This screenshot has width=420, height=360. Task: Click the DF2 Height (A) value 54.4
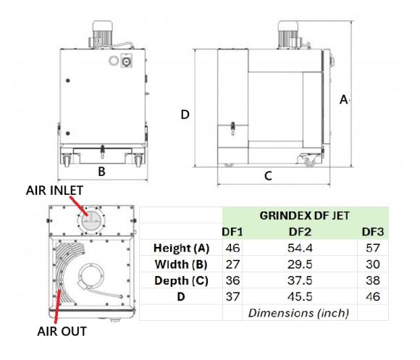(x=300, y=248)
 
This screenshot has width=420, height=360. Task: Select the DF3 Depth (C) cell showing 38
(x=373, y=280)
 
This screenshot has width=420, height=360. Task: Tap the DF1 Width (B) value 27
(x=232, y=264)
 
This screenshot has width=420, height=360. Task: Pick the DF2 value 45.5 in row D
(x=300, y=297)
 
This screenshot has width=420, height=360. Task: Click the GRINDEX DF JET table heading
(x=305, y=216)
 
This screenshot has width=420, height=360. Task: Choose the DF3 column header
(x=373, y=232)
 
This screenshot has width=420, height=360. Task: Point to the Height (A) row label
(x=181, y=248)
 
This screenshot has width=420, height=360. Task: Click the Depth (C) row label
(x=181, y=280)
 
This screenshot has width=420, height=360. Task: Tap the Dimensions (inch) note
(x=298, y=313)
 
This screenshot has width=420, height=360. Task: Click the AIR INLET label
(x=54, y=191)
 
